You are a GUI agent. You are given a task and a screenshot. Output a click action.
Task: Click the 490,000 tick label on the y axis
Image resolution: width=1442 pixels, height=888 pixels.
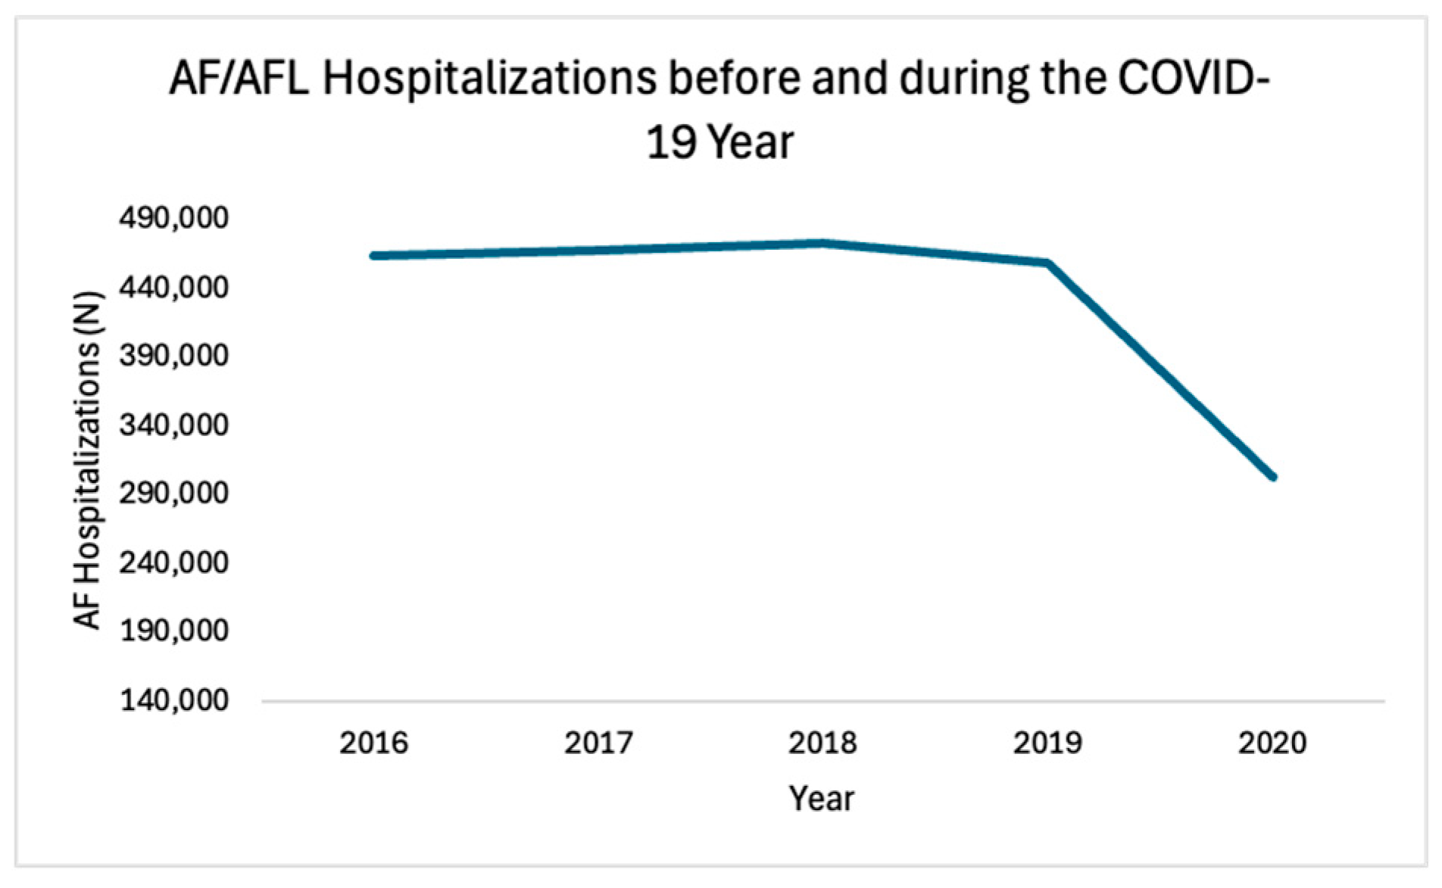173,219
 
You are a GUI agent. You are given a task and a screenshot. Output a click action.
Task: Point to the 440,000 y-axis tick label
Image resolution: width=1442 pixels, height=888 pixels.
173,288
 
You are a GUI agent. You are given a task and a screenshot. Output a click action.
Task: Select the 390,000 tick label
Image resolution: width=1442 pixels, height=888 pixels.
173,356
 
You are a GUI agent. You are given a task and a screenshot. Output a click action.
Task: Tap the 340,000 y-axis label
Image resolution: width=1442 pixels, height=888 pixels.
173,425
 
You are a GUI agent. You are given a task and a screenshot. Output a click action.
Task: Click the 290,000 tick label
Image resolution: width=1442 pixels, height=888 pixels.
173,493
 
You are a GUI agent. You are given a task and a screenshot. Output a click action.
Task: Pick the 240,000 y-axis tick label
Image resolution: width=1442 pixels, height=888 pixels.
173,562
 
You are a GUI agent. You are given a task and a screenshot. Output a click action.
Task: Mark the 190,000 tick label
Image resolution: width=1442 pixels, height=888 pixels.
173,631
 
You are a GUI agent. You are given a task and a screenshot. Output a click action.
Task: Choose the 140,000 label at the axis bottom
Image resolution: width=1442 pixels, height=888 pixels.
173,700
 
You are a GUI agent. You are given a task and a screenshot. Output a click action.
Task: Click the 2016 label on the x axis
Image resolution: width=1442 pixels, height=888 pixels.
373,743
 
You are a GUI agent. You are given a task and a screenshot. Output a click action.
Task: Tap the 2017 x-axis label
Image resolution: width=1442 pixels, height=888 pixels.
598,743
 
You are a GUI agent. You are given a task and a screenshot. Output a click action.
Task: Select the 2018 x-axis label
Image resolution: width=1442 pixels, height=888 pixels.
822,743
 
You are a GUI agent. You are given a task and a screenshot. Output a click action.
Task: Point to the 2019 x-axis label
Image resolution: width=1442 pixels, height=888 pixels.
1047,743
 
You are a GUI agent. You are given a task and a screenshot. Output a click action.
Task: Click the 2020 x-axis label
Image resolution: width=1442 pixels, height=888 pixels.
1272,743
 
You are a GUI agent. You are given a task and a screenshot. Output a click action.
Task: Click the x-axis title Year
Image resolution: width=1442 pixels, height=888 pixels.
822,799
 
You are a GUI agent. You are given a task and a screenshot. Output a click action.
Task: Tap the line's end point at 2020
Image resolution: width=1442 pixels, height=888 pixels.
1273,477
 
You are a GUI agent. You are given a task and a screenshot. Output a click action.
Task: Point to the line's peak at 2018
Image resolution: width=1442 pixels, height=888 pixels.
822,243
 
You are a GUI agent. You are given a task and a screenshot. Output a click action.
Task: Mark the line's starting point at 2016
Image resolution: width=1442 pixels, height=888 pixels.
373,256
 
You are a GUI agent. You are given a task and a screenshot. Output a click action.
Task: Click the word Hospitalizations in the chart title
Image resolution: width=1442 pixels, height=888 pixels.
489,79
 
